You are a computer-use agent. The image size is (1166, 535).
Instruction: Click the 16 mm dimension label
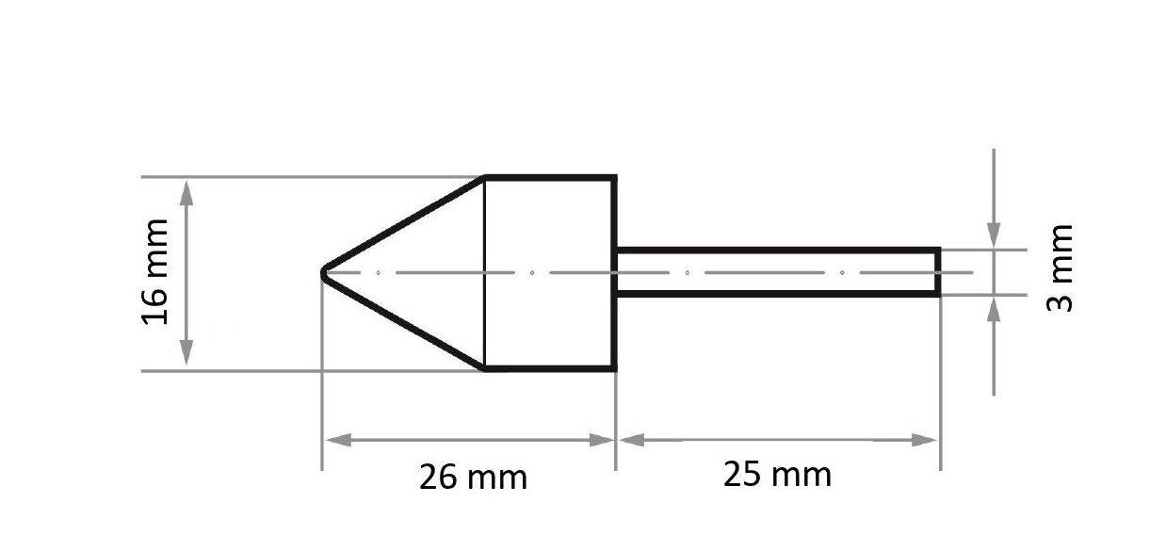click(155, 272)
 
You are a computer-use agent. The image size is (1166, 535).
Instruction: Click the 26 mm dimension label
click(473, 477)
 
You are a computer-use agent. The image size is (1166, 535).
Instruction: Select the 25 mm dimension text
click(777, 474)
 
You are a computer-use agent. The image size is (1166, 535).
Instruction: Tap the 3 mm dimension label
click(1061, 268)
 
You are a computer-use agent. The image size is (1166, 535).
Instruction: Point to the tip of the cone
click(324, 273)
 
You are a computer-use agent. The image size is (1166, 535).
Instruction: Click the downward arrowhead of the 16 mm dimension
click(186, 355)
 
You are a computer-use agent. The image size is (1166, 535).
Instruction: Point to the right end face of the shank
click(938, 272)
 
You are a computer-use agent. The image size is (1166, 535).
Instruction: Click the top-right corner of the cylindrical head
click(614, 177)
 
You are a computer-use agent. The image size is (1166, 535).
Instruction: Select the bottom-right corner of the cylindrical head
click(614, 369)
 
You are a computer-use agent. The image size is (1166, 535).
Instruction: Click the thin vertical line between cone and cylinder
click(484, 273)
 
